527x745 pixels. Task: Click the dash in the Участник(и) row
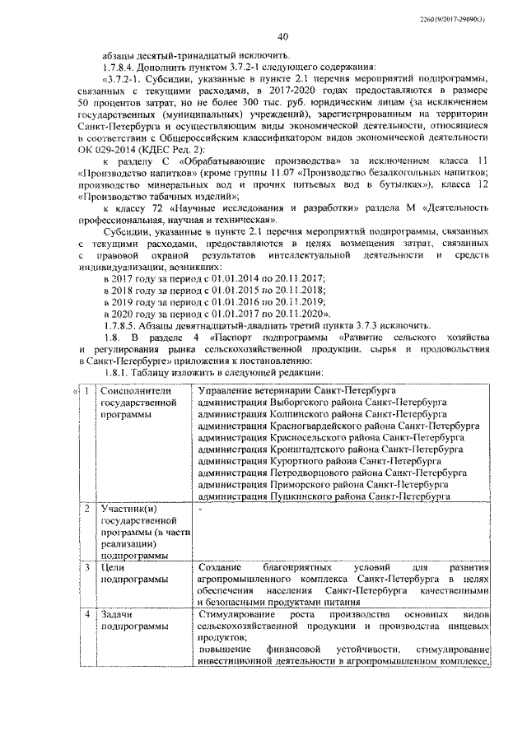click(200, 510)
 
